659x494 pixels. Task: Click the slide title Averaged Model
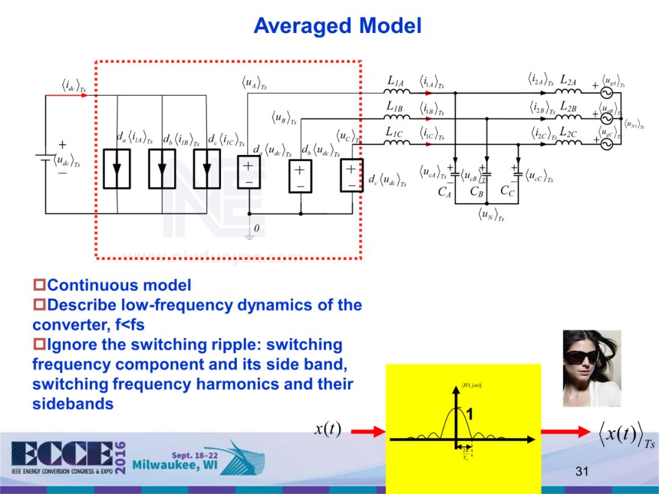point(337,26)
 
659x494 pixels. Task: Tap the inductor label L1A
point(396,80)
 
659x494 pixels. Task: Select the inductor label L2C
point(569,131)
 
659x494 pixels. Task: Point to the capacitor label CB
point(477,191)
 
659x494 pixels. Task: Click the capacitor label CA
point(445,192)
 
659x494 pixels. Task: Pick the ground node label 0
point(256,228)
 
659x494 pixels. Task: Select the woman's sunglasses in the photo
point(581,357)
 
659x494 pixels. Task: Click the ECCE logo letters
point(61,454)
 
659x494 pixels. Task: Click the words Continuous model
point(119,285)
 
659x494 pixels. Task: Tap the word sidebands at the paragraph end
point(73,404)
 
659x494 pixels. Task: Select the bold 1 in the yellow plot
point(469,416)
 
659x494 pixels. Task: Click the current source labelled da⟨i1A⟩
point(117,168)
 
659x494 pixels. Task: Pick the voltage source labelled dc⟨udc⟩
point(352,176)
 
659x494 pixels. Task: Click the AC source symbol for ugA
point(607,92)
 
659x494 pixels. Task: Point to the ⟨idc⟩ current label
point(73,85)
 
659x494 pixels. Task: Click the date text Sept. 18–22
point(193,455)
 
